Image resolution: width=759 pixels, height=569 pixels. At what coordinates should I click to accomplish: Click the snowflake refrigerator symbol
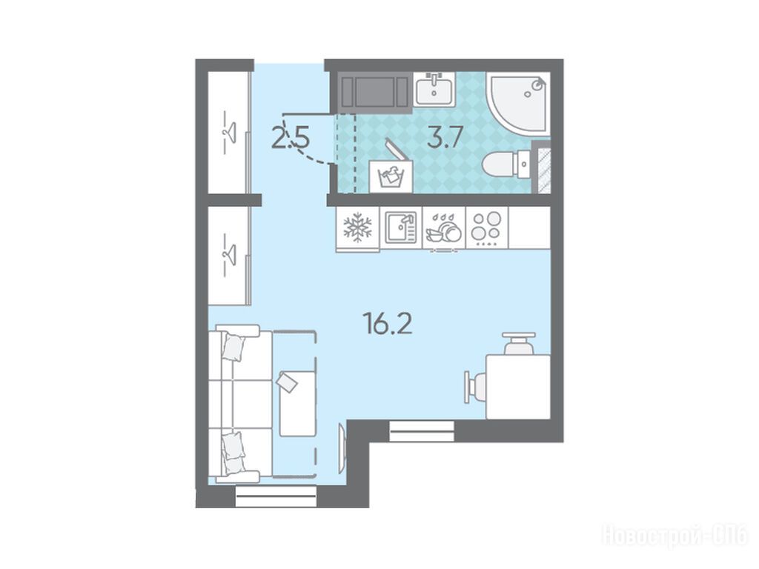(358, 227)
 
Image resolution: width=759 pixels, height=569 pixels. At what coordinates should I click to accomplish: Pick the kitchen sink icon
(401, 227)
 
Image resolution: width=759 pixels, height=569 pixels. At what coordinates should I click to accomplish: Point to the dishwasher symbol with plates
(443, 228)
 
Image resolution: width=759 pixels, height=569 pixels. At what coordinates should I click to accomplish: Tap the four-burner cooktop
(486, 227)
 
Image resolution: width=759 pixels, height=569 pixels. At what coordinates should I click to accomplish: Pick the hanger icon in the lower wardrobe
(228, 255)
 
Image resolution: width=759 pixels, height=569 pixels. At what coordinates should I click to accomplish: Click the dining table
(518, 387)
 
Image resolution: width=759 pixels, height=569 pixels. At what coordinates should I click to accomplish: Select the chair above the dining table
(518, 344)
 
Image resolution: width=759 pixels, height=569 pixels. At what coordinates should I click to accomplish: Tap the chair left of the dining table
(475, 387)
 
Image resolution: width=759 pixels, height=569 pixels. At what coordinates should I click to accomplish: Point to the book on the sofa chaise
(288, 382)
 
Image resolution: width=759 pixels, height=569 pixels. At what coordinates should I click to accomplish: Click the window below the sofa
(276, 496)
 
